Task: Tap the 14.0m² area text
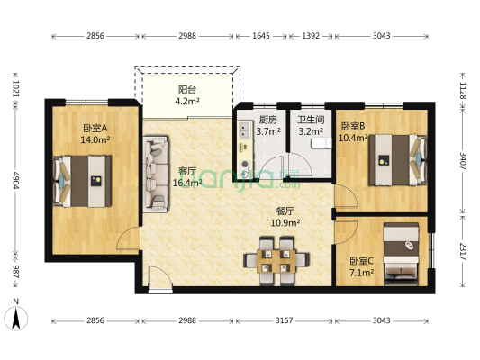tap(95, 139)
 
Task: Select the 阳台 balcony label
tap(187, 90)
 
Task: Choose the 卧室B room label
tap(352, 126)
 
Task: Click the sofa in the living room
tap(156, 174)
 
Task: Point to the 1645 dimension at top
tap(261, 37)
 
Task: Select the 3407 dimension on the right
tap(464, 167)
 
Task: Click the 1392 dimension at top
tap(311, 37)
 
